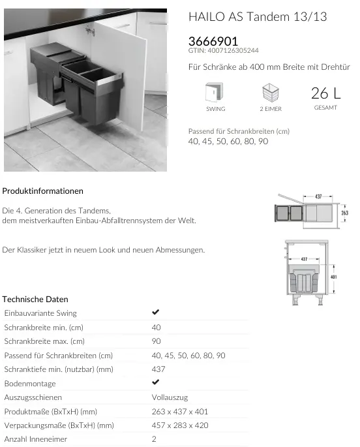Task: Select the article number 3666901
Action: [213, 40]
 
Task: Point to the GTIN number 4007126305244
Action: [224, 50]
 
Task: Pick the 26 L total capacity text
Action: [325, 93]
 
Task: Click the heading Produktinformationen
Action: [43, 191]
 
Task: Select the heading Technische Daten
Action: [35, 300]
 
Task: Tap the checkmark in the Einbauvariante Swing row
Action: [156, 313]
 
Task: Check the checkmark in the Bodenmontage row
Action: [156, 383]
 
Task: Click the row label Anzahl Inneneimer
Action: [36, 440]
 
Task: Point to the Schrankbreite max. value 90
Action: [157, 341]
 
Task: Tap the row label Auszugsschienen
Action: [33, 397]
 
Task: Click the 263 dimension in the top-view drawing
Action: [345, 213]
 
